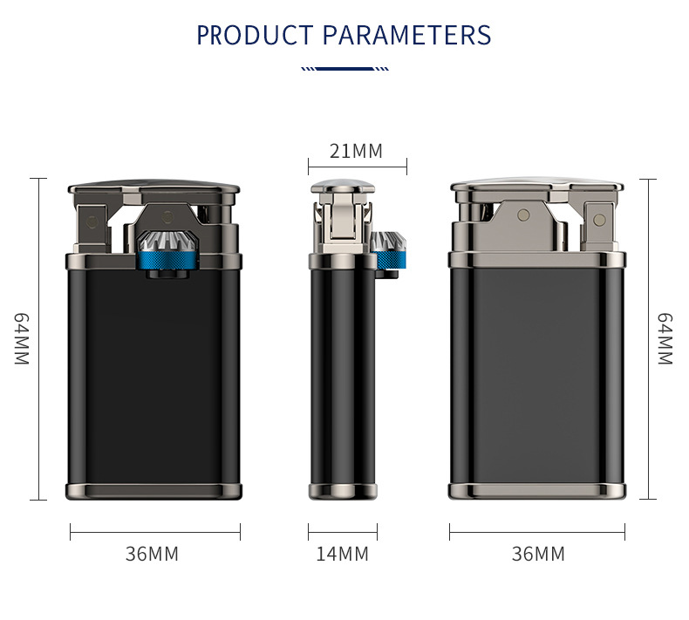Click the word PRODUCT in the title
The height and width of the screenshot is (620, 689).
click(254, 35)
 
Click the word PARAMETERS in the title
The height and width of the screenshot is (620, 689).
click(407, 35)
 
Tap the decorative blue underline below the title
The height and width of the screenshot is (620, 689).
click(345, 69)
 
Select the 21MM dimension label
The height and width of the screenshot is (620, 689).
click(356, 151)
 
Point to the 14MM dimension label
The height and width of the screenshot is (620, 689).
click(342, 554)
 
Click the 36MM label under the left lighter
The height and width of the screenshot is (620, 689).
click(152, 554)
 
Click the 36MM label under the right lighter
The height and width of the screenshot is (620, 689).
click(538, 554)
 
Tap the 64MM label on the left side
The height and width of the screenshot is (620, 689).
click(22, 339)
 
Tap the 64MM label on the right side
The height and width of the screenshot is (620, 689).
click(665, 339)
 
